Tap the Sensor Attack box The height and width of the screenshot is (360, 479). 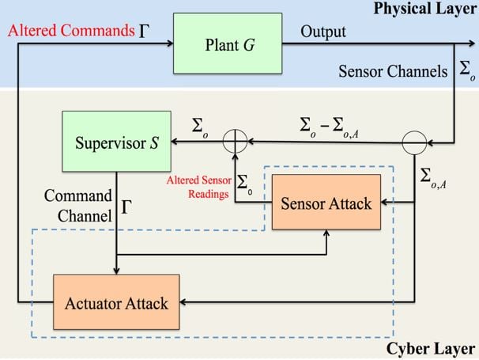[x=326, y=203]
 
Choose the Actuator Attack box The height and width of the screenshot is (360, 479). [x=116, y=302]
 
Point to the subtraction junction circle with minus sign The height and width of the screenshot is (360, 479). [x=415, y=142]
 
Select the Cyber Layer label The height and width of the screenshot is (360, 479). [x=431, y=350]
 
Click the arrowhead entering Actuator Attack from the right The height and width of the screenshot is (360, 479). [x=185, y=302]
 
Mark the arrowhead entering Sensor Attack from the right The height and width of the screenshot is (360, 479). [x=385, y=203]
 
